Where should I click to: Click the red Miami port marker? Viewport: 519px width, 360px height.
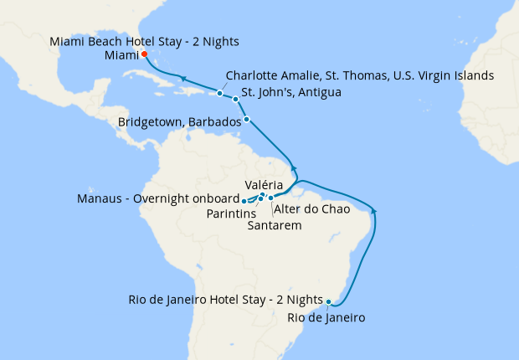(x=144, y=54)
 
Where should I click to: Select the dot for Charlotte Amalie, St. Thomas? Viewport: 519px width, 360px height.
(x=219, y=93)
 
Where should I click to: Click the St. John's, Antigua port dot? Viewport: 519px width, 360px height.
(x=235, y=99)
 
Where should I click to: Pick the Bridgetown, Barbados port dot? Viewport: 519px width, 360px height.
(x=246, y=119)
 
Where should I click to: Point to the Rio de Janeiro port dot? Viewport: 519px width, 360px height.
(x=329, y=301)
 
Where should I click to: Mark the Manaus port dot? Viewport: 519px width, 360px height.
(x=244, y=201)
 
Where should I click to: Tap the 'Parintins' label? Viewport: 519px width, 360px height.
(x=231, y=213)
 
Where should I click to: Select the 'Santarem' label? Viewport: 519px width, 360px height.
(x=275, y=224)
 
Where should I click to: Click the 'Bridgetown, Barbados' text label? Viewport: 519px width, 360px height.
(x=180, y=121)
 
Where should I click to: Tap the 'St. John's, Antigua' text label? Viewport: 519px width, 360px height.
(x=290, y=92)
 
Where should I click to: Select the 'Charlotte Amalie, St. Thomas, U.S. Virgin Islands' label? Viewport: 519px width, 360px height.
(x=360, y=75)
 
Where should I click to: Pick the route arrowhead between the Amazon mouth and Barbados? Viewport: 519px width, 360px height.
(x=292, y=162)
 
